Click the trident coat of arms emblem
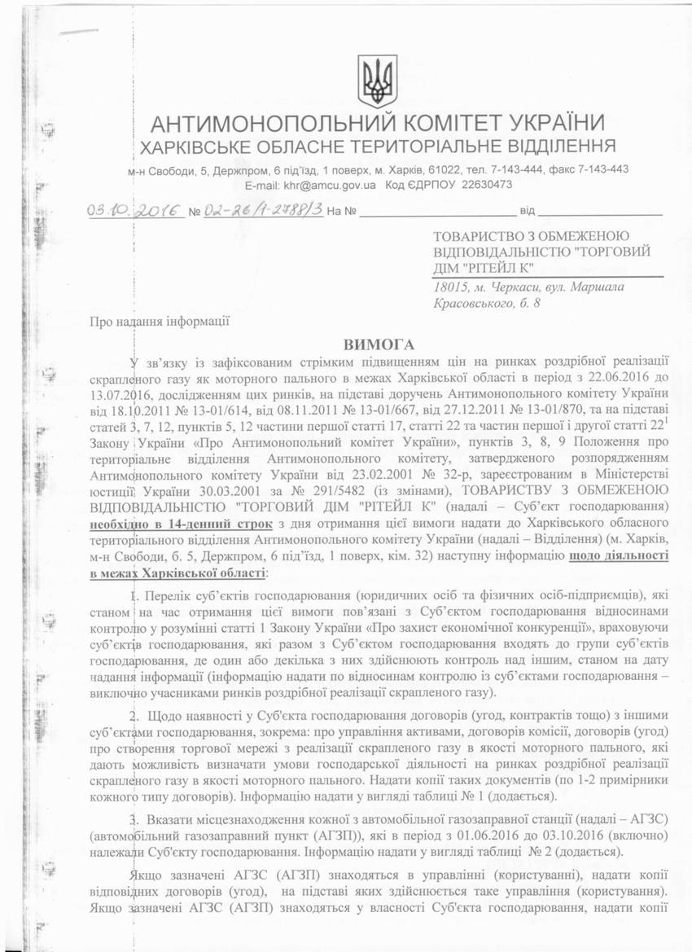click(377, 81)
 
